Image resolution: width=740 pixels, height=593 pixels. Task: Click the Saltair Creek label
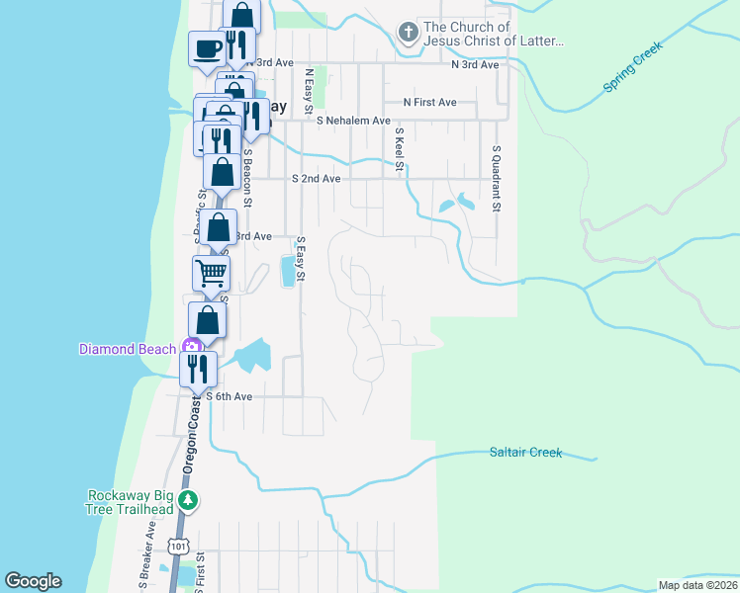pos(525,453)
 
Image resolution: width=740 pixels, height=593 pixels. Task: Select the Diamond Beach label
pos(128,348)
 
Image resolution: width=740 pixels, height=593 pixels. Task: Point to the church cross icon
pos(407,34)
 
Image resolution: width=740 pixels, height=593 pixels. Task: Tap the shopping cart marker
pos(211,272)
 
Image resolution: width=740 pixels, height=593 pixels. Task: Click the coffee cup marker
pos(208,47)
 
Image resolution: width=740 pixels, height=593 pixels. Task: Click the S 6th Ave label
pos(229,396)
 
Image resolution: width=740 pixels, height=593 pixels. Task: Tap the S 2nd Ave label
pos(317,179)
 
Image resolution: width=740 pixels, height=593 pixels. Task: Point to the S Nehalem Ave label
pos(354,121)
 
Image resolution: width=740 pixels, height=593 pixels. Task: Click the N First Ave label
pos(429,102)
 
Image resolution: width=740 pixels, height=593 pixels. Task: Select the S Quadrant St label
pos(498,179)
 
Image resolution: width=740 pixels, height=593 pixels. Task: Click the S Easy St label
pos(301,260)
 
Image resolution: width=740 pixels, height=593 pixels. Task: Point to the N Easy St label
pos(309,87)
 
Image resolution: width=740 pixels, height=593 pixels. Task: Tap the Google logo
pos(33,581)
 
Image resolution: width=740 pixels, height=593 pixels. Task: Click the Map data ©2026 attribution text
pos(696,585)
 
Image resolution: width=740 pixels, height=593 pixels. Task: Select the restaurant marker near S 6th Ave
pos(198,369)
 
